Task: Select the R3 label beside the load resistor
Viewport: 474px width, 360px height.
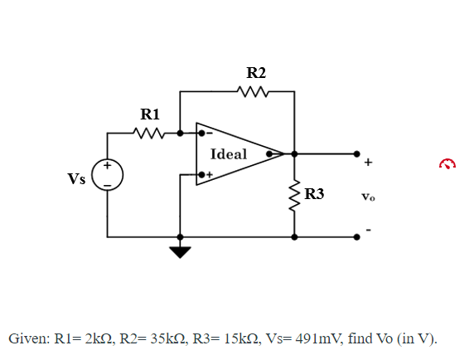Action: pos(315,195)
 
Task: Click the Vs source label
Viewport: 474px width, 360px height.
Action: pos(76,178)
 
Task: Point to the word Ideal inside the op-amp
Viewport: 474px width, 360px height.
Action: pos(229,153)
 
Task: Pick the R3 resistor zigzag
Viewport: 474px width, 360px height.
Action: pos(293,196)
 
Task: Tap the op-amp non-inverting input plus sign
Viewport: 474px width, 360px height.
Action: pos(210,175)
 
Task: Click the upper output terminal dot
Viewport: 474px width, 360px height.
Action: pos(357,153)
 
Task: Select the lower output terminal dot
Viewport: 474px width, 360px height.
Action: pos(357,236)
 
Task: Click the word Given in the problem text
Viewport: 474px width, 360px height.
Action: pos(29,339)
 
